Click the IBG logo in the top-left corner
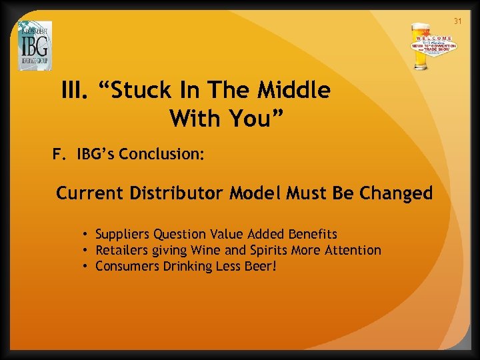pyautogui.click(x=35, y=45)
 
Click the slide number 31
pyautogui.click(x=457, y=21)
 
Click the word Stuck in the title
pyautogui.click(x=140, y=91)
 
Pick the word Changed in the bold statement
pyautogui.click(x=396, y=193)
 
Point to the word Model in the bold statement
pyautogui.click(x=256, y=193)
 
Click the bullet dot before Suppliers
pyautogui.click(x=87, y=235)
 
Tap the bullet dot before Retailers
pyautogui.click(x=87, y=251)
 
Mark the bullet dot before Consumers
pyautogui.click(x=87, y=267)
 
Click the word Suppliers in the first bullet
pyautogui.click(x=123, y=235)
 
